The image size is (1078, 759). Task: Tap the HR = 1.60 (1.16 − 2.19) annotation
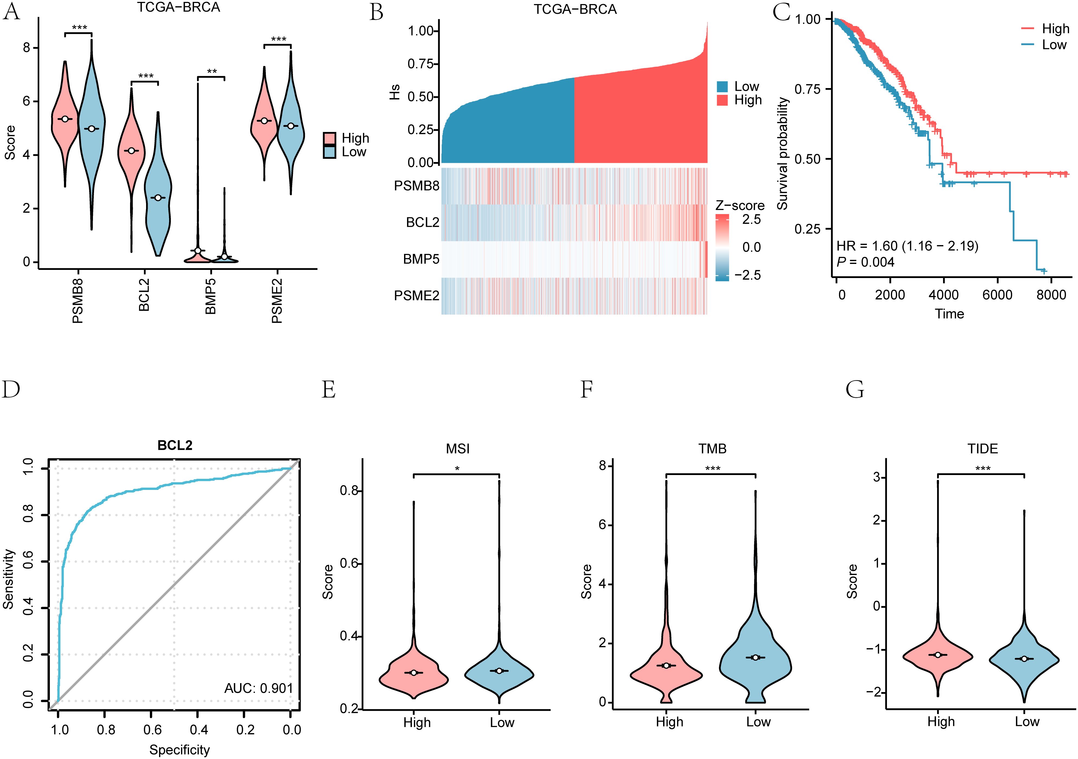[907, 246]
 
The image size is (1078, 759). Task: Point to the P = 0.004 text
[865, 262]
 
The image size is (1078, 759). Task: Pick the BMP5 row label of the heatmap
[421, 259]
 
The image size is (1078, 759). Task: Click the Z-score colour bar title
[740, 206]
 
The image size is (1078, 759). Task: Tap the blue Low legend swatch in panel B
[722, 86]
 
